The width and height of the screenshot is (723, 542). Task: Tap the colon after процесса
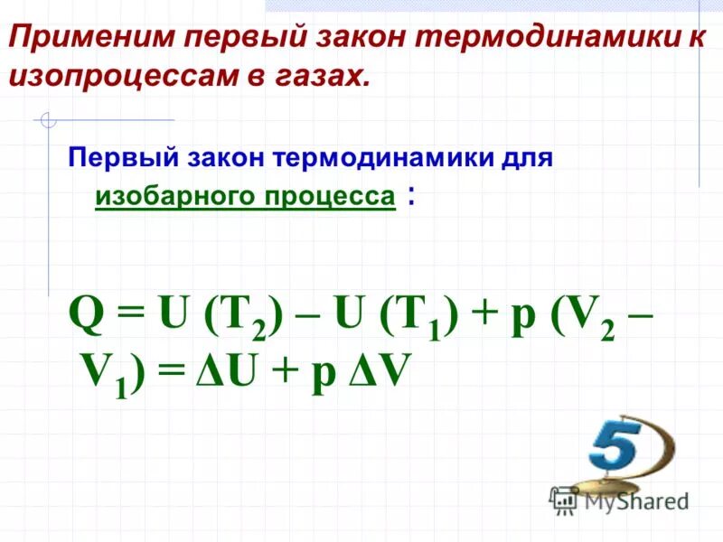tap(412, 196)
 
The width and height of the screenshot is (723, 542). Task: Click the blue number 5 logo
tap(624, 445)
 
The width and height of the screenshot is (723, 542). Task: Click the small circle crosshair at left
tap(48, 119)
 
